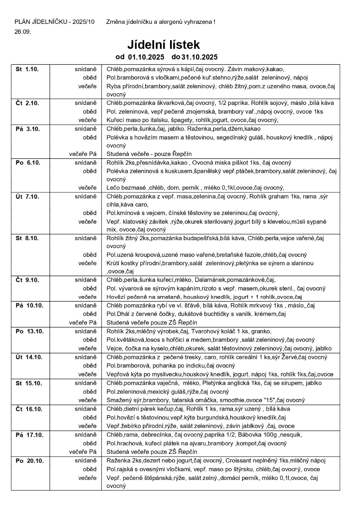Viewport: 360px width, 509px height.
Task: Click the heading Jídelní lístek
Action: [163, 45]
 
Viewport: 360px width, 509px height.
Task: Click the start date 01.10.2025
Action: [145, 57]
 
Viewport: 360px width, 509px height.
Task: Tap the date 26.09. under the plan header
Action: [23, 32]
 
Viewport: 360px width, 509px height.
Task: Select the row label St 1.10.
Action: [27, 69]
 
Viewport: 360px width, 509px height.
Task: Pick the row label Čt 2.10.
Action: [27, 103]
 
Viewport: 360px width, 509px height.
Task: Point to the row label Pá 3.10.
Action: [27, 129]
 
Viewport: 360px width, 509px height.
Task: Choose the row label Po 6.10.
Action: [27, 163]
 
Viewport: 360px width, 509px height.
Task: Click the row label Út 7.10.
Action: [27, 196]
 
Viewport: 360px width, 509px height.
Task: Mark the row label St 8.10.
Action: [27, 238]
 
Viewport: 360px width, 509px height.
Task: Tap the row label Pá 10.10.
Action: [29, 305]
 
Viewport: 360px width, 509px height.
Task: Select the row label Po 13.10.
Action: [29, 331]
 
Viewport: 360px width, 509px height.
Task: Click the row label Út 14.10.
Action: [29, 357]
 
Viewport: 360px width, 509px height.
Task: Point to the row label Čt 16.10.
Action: [29, 409]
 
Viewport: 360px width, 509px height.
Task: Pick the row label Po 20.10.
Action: [29, 460]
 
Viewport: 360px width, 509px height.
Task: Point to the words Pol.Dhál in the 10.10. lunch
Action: [118, 314]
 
